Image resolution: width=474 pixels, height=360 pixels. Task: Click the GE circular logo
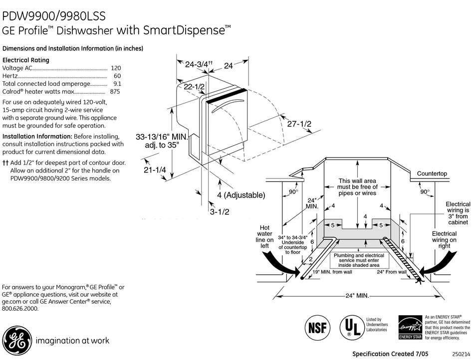point(17,341)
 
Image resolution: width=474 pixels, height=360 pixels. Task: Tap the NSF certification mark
point(317,328)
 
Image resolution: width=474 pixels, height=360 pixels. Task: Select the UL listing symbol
point(352,328)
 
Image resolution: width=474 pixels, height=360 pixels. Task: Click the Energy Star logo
point(410,327)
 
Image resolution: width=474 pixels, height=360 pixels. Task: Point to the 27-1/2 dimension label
point(299,124)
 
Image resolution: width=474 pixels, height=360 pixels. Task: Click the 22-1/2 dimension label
point(194,87)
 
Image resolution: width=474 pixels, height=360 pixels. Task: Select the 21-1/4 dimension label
point(155,170)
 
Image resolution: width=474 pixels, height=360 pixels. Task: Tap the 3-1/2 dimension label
point(220,212)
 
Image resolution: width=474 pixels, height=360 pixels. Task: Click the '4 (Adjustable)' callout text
point(241,195)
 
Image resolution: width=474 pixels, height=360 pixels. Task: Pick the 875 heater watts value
point(115,92)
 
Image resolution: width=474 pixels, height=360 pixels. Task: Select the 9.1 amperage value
point(117,84)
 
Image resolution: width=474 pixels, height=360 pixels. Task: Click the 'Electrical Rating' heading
point(25,60)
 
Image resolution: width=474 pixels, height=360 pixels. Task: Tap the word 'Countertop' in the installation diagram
point(432,174)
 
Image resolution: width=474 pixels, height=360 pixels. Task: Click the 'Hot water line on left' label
point(264,237)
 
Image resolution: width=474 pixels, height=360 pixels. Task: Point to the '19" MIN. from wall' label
point(332,272)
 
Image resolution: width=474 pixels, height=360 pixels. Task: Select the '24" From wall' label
point(392,272)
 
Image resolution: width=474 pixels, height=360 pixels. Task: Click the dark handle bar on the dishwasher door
point(227,95)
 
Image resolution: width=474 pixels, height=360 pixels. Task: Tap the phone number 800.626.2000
point(20,309)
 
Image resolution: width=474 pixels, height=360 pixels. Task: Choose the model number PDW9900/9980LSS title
point(54,16)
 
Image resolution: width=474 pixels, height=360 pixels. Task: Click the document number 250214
point(462,354)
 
